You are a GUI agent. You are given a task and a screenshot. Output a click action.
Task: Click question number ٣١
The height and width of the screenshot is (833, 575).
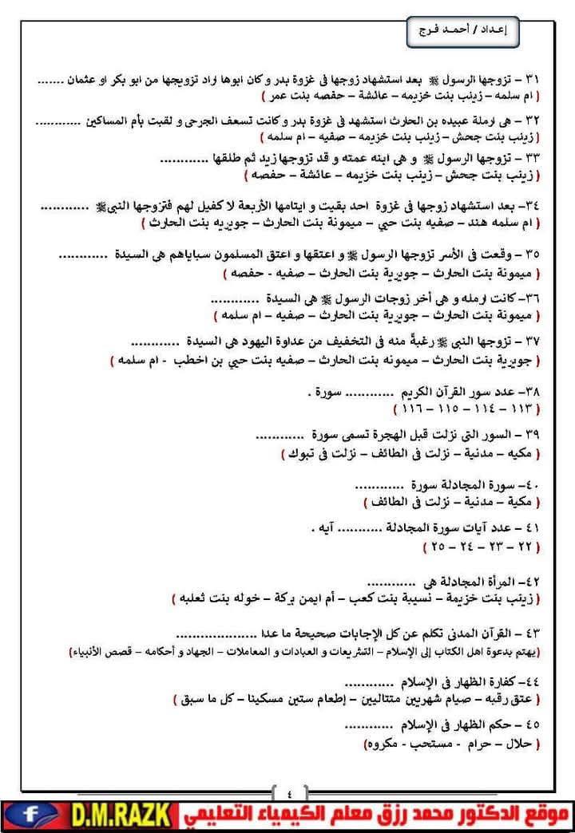coord(533,80)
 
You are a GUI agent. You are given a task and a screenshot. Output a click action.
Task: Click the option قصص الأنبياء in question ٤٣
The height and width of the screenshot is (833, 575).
coord(95,652)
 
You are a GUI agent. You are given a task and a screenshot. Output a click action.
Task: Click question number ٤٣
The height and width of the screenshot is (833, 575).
coord(533,634)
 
